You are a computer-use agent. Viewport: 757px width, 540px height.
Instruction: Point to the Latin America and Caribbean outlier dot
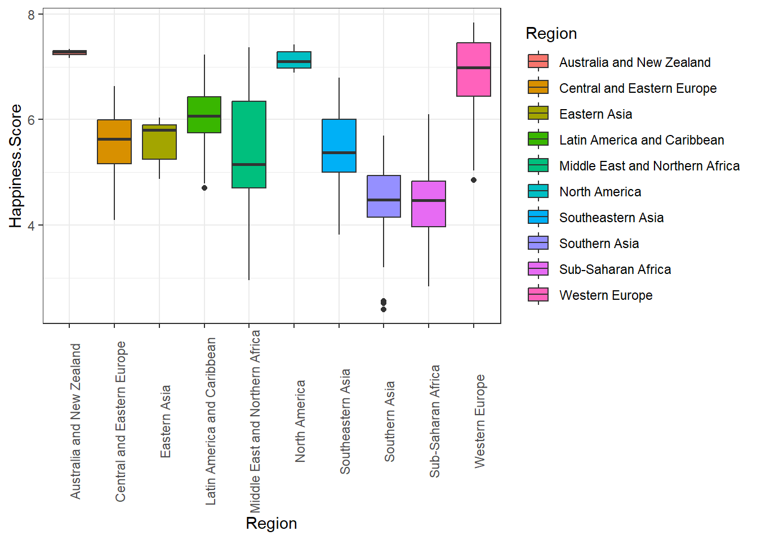pyautogui.click(x=204, y=188)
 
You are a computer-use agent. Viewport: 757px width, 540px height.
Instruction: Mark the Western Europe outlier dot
pyautogui.click(x=474, y=180)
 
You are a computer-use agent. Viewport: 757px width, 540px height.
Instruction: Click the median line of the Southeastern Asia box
pyautogui.click(x=339, y=152)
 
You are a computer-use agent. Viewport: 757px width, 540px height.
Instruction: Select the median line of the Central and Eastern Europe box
pyautogui.click(x=114, y=139)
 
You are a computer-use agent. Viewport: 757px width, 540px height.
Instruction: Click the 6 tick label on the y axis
pyautogui.click(x=32, y=120)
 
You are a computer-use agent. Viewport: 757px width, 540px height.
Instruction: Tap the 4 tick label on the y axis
pyautogui.click(x=32, y=226)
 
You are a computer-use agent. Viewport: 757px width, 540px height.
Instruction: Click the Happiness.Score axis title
pyautogui.click(x=16, y=166)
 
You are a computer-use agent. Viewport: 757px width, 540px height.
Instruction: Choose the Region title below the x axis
pyautogui.click(x=271, y=523)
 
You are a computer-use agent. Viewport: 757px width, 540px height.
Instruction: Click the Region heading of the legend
pyautogui.click(x=551, y=34)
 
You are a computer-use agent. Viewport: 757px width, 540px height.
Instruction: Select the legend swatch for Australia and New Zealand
pyautogui.click(x=538, y=61)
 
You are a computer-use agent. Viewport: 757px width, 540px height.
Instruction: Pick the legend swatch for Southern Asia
pyautogui.click(x=538, y=242)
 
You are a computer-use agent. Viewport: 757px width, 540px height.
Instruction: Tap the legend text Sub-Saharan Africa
pyautogui.click(x=615, y=269)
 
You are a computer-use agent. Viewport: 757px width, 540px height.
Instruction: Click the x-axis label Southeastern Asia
pyautogui.click(x=345, y=421)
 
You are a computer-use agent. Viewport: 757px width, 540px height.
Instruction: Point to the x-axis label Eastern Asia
pyautogui.click(x=166, y=421)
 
